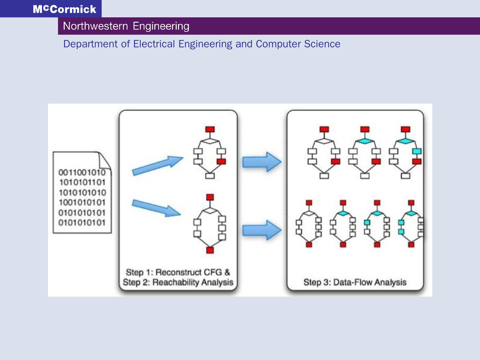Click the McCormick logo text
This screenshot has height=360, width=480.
coord(65,9)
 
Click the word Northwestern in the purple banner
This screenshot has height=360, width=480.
coord(95,26)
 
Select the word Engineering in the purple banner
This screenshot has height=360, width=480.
coord(161,26)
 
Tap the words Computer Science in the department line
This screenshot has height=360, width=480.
coord(298,44)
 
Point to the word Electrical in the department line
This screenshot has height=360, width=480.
coord(154,44)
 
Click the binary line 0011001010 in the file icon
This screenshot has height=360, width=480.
coord(82,172)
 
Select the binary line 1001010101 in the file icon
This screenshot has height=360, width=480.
coord(82,202)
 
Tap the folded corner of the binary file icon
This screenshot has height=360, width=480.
coord(105,160)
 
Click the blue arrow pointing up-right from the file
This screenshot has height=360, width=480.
coord(157,165)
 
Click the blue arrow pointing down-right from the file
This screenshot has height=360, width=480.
coord(156,208)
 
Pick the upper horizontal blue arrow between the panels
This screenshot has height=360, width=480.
coord(262,162)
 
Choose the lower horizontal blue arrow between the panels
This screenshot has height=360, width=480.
coord(262,230)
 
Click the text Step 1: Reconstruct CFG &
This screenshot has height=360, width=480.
coord(178,272)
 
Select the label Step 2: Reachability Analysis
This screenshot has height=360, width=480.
coord(178,282)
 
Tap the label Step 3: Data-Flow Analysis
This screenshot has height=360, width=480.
coord(355,282)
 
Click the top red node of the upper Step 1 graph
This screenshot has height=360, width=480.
coord(210,129)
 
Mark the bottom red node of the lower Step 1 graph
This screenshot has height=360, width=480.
coord(210,250)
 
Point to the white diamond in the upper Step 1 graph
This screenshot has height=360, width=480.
coord(210,141)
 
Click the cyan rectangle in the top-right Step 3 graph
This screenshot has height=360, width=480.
coord(417,151)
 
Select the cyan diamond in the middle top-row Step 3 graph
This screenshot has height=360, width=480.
coord(365,141)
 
